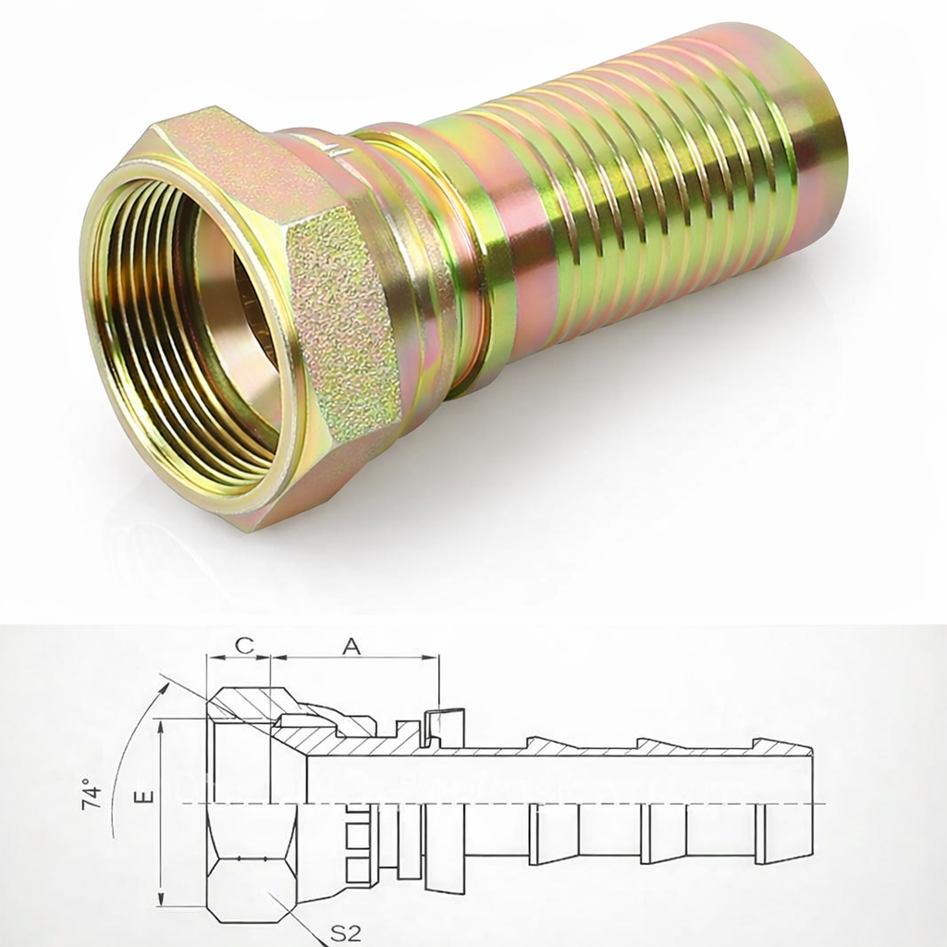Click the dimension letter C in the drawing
tap(242, 646)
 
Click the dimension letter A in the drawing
tap(351, 646)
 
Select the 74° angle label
tap(92, 794)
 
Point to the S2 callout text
tap(345, 932)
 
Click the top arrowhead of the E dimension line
tap(161, 726)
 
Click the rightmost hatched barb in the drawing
tap(782, 749)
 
